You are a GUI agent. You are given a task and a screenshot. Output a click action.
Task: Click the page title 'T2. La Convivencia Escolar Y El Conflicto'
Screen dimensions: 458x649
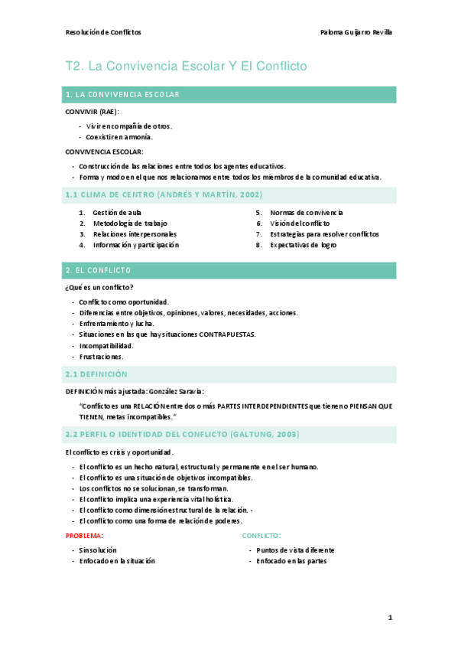(187, 67)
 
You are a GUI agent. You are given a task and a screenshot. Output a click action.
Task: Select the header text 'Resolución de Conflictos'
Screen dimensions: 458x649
(104, 32)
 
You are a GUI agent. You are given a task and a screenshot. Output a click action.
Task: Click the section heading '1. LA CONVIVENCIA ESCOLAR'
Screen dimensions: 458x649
(123, 95)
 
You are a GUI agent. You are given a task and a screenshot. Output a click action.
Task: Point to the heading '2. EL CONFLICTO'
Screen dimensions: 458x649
(99, 270)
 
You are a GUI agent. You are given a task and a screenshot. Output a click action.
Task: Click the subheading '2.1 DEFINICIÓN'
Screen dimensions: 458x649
(96, 374)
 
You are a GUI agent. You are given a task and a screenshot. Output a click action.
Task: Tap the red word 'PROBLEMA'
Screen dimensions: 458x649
(83, 536)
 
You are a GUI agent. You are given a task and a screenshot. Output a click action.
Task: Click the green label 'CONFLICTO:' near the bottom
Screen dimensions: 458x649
(261, 536)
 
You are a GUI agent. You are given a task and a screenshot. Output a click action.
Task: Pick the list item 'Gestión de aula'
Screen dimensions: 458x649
(117, 212)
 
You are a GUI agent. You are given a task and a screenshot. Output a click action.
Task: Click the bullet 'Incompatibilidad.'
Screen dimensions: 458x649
(106, 345)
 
